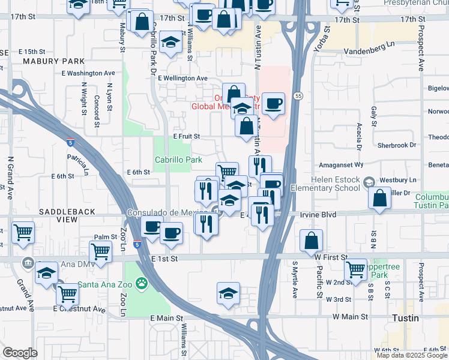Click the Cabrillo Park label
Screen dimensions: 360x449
(178, 160)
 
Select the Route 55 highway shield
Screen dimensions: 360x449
(298, 96)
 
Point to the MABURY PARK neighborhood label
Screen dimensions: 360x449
(45, 61)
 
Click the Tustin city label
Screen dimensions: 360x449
(405, 318)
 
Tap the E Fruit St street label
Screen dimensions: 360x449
(186, 137)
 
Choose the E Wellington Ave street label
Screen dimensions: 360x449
(182, 78)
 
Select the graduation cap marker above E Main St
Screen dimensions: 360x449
(228, 293)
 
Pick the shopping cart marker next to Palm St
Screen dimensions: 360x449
(100, 251)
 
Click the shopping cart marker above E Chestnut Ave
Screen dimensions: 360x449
(68, 294)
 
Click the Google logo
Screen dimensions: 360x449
(19, 353)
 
